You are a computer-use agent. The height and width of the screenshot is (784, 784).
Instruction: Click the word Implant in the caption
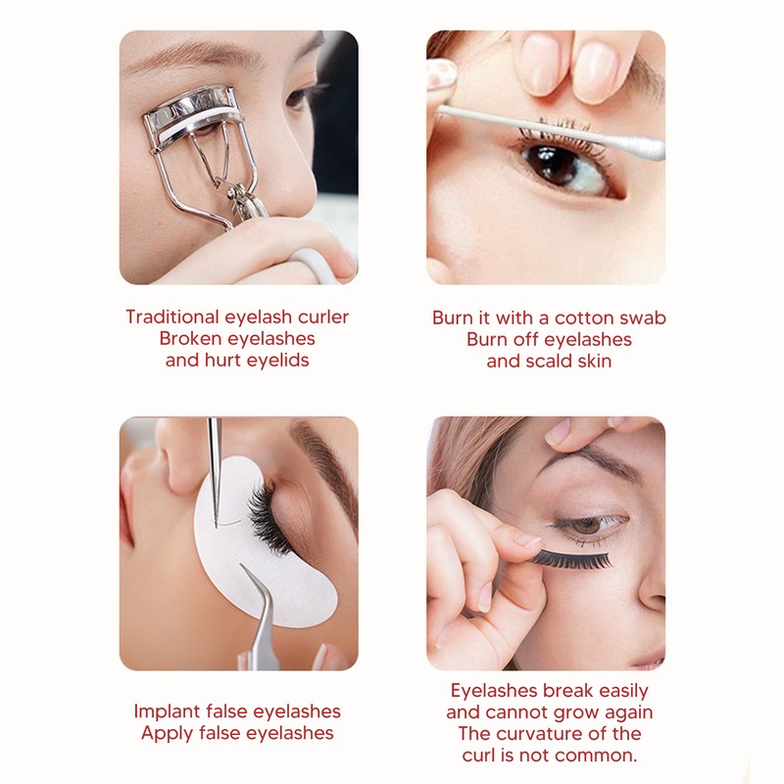(x=167, y=711)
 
